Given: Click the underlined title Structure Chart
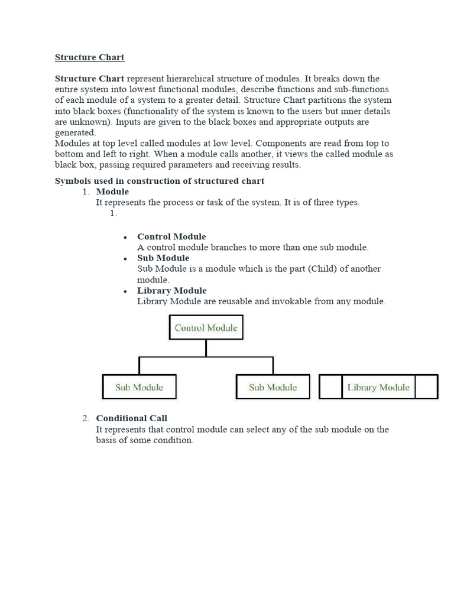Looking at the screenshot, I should (x=90, y=57).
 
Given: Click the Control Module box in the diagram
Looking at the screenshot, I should (x=206, y=328).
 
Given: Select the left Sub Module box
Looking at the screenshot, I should (x=139, y=387).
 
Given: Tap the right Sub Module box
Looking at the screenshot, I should (x=273, y=387).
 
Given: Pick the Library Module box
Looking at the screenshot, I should (x=378, y=387).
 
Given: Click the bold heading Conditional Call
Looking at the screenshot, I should (x=132, y=418).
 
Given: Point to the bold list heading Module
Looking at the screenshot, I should (x=112, y=191).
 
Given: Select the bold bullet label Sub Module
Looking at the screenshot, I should (x=163, y=258).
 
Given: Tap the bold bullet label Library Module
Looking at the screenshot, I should (x=172, y=291).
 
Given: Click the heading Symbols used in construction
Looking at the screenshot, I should (x=160, y=181).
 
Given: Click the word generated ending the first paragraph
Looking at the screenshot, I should (x=75, y=133).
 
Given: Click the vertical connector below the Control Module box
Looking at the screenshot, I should (x=206, y=348).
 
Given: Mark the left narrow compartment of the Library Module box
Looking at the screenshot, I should (x=330, y=387).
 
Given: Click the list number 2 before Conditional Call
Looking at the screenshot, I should (x=85, y=418).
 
